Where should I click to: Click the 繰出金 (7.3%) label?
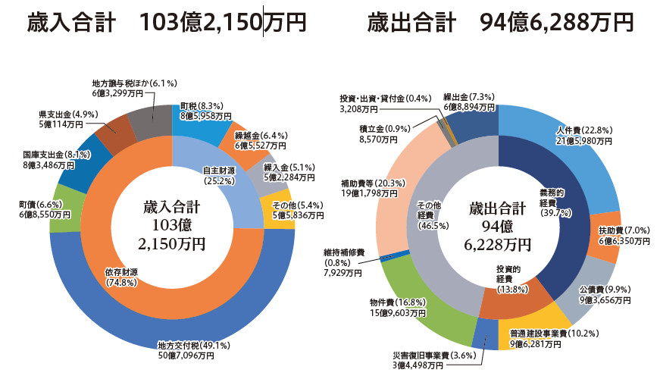click(x=469, y=98)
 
